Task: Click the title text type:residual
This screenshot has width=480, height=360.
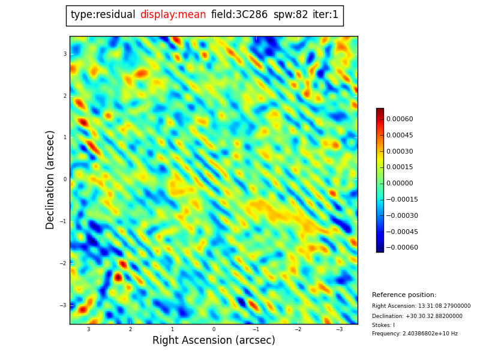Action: click(x=103, y=15)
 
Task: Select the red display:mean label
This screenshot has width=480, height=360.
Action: click(x=173, y=15)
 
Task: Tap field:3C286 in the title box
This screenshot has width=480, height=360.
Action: click(x=239, y=15)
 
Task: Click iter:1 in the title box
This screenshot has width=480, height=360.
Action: click(x=326, y=15)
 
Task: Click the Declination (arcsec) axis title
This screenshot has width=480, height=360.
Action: click(x=50, y=179)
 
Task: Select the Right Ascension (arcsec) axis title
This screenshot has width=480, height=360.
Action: click(x=214, y=341)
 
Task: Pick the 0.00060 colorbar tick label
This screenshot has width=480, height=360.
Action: click(x=399, y=119)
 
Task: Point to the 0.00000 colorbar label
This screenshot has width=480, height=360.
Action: click(x=399, y=184)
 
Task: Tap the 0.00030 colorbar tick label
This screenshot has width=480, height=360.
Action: click(x=399, y=152)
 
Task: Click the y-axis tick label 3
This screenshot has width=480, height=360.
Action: click(x=65, y=54)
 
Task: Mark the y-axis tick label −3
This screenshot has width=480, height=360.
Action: click(x=63, y=305)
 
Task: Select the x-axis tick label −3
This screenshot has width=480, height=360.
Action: click(x=338, y=329)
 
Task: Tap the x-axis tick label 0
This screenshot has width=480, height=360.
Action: click(x=214, y=329)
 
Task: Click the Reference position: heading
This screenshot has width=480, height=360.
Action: click(x=404, y=295)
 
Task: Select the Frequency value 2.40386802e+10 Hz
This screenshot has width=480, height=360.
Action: click(x=430, y=334)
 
